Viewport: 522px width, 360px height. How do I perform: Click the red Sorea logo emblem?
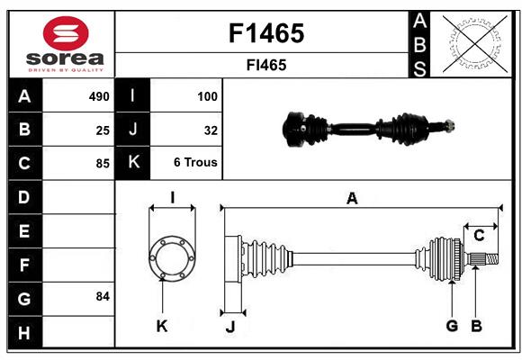click(x=66, y=33)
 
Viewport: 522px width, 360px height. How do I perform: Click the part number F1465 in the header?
click(x=266, y=33)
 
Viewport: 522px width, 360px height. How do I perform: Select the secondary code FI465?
click(x=266, y=65)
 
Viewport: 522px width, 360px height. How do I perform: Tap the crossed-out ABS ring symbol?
click(x=475, y=43)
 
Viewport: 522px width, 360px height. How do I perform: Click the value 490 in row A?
click(x=99, y=96)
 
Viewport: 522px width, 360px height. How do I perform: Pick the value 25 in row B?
click(x=103, y=130)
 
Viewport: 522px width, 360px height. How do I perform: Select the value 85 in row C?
click(x=103, y=164)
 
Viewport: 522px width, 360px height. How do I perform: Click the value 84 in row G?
click(x=103, y=296)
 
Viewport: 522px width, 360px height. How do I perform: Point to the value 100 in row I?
click(x=207, y=96)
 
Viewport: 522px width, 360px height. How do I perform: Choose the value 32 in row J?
click(x=211, y=130)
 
